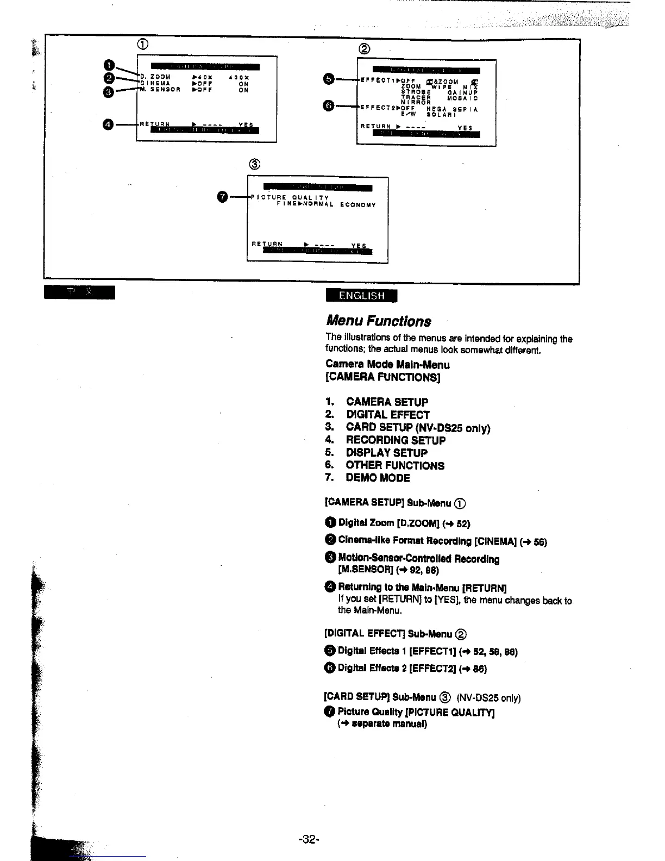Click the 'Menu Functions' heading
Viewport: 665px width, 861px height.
click(379, 321)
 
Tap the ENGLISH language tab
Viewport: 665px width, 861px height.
click(361, 296)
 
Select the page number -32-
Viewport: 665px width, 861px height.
click(308, 839)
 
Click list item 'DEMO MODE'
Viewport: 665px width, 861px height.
click(378, 478)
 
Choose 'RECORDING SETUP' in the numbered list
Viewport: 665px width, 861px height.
click(396, 440)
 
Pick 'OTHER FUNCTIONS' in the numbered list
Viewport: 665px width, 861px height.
click(395, 465)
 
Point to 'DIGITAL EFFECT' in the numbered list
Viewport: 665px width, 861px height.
click(388, 415)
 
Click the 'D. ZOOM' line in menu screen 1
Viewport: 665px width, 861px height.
click(156, 77)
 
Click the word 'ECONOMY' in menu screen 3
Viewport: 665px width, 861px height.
click(358, 205)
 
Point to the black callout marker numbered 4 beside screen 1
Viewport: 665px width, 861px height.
click(109, 124)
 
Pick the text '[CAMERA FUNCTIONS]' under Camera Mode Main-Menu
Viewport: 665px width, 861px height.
click(382, 377)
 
